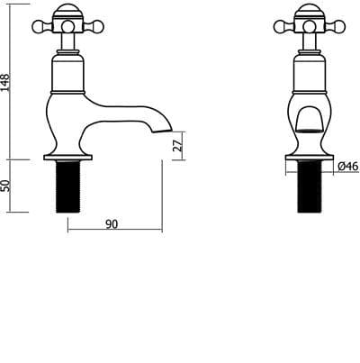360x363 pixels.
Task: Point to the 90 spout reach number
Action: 112,224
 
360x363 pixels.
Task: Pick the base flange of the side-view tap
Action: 69,160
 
